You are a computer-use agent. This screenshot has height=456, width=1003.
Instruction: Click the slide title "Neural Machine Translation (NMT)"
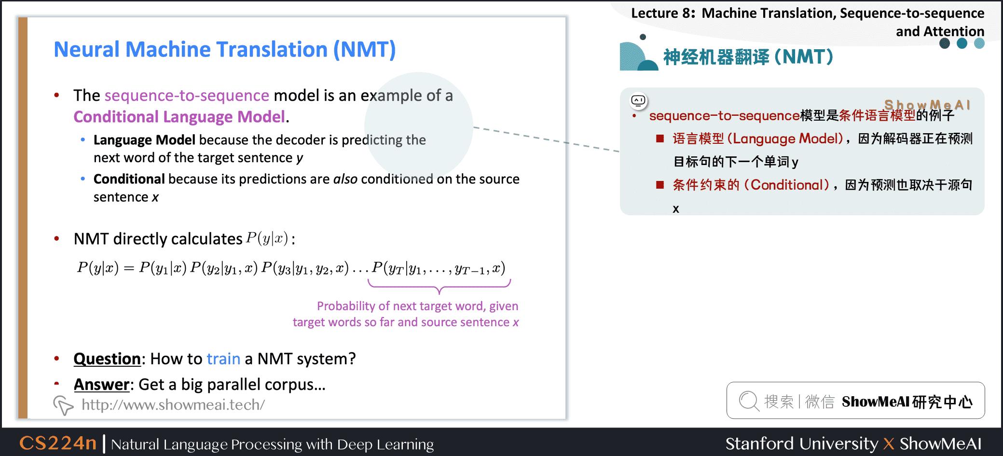pos(224,50)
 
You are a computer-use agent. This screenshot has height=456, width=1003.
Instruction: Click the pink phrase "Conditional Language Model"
pos(179,117)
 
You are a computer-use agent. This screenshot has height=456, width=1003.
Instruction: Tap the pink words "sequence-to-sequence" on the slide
pos(187,96)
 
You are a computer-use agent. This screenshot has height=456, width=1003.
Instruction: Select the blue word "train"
pos(223,359)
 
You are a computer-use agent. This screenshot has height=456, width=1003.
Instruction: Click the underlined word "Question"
pos(107,359)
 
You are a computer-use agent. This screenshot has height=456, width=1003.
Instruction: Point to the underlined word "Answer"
pos(102,385)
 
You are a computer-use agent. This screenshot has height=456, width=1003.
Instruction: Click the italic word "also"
pos(345,179)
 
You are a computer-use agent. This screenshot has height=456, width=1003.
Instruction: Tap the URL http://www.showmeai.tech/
pos(173,404)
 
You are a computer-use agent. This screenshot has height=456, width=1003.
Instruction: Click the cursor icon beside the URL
pos(63,405)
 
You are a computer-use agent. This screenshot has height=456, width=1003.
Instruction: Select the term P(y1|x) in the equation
pos(163,268)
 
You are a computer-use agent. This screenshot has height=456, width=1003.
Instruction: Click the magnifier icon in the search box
pos(749,401)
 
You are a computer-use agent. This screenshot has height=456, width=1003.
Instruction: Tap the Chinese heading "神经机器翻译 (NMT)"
pos(748,57)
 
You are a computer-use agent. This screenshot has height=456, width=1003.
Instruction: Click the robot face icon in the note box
pos(638,101)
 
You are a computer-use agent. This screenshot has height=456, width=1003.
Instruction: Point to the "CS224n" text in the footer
pos(58,443)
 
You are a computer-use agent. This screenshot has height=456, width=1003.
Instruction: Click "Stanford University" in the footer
pos(801,443)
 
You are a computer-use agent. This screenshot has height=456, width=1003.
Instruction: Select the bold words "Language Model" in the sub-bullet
pos(144,140)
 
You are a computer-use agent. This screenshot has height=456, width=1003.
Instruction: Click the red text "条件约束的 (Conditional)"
pos(751,185)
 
